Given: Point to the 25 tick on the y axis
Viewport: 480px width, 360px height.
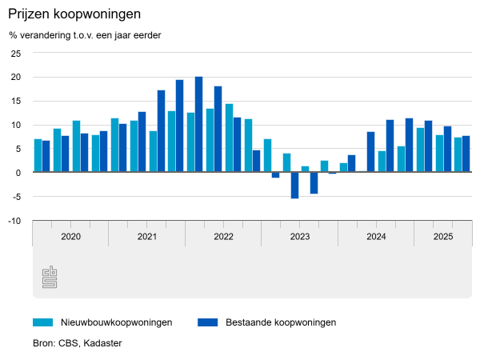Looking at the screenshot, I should pyautogui.click(x=16, y=53).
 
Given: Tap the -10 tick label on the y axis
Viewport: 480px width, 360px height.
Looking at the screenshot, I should pyautogui.click(x=14, y=221).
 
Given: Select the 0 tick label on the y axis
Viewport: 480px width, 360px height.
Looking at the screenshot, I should pyautogui.click(x=18, y=173).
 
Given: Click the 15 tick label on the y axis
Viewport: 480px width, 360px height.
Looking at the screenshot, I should pyautogui.click(x=16, y=101).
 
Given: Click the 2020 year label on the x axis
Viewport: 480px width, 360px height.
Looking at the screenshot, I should pyautogui.click(x=70, y=237).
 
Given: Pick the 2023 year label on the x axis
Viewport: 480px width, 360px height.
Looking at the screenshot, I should pyautogui.click(x=300, y=237).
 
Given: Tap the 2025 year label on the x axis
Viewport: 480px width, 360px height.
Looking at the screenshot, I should pyautogui.click(x=443, y=237).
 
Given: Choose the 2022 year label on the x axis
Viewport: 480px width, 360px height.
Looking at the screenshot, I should pyautogui.click(x=223, y=237).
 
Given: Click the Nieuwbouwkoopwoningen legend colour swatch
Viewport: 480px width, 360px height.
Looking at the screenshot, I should pyautogui.click(x=42, y=322).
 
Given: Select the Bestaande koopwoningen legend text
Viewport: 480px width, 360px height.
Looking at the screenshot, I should pyautogui.click(x=281, y=322).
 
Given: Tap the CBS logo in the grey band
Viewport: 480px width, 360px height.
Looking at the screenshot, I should pyautogui.click(x=49, y=278).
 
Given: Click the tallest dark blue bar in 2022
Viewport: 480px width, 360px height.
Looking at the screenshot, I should pyautogui.click(x=199, y=124).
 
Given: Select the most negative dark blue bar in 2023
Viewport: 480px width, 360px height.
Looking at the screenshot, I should pyautogui.click(x=294, y=185).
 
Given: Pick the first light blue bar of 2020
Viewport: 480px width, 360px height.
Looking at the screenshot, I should pyautogui.click(x=38, y=155).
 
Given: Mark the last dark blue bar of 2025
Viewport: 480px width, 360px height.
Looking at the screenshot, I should pyautogui.click(x=466, y=154).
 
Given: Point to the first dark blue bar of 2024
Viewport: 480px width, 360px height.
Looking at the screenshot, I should pyautogui.click(x=371, y=151).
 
